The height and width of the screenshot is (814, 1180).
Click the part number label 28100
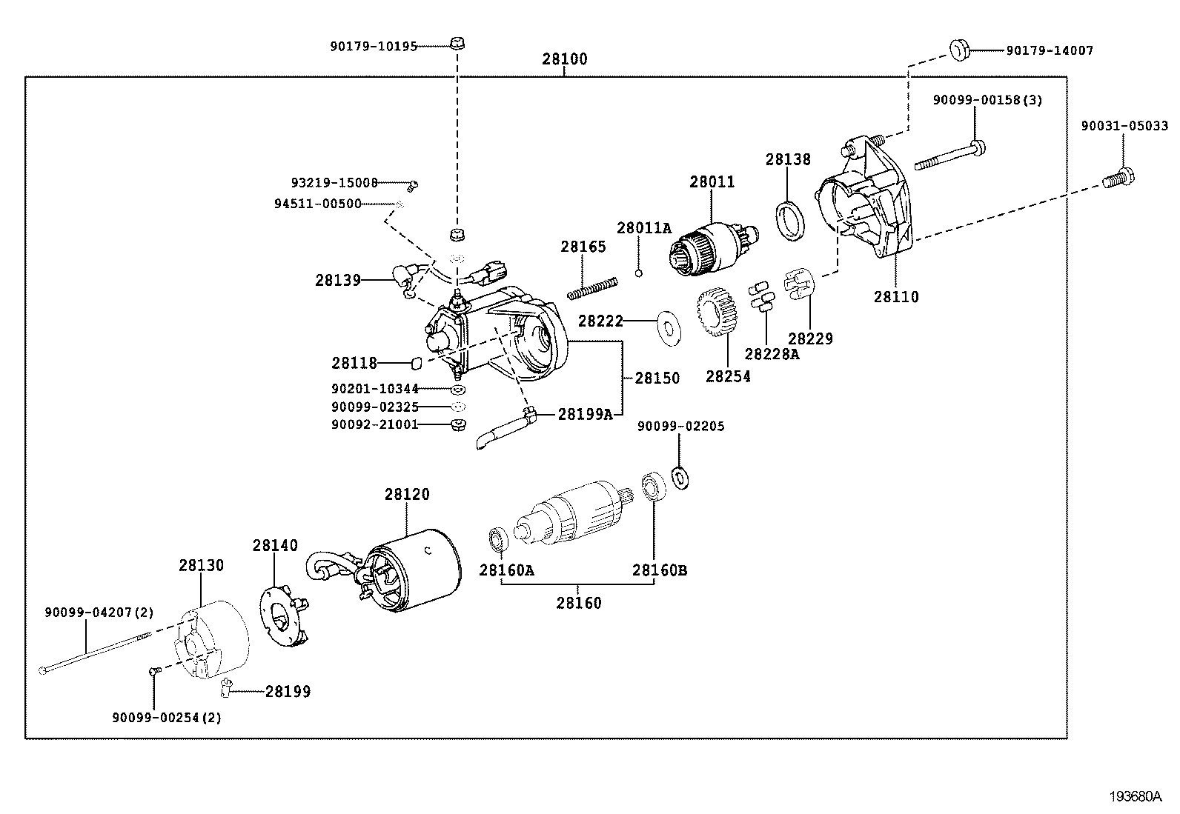pos(564,59)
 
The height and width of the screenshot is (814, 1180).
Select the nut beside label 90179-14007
pos(960,50)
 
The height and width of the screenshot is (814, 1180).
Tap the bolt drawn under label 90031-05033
pos(1118,179)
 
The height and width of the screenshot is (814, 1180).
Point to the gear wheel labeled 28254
pos(715,313)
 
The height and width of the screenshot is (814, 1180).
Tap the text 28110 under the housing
pos(895,297)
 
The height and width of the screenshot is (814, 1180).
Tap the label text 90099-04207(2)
pos(99,612)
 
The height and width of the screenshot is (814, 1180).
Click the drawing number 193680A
pos(1135,797)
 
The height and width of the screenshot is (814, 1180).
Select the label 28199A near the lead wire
pos(585,414)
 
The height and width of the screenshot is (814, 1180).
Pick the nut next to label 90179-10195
pos(457,42)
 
